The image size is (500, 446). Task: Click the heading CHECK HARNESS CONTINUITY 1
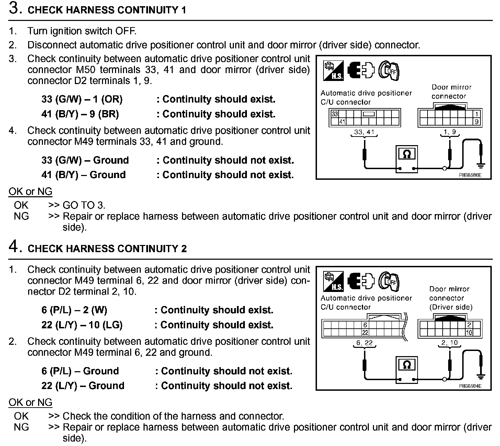click(x=106, y=10)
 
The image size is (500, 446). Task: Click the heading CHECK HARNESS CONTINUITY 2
click(x=107, y=248)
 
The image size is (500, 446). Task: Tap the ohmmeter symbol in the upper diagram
click(x=407, y=155)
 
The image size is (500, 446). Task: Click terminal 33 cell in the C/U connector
click(x=334, y=114)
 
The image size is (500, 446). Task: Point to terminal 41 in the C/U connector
click(x=342, y=122)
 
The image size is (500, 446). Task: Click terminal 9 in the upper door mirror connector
click(x=477, y=121)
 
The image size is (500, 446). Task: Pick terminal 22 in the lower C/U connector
click(x=365, y=332)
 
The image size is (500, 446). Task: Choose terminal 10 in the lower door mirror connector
click(x=469, y=332)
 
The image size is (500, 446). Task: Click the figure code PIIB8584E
click(x=470, y=386)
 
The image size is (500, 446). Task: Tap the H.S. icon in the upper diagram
click(x=333, y=71)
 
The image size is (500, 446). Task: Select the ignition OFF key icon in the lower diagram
click(x=389, y=282)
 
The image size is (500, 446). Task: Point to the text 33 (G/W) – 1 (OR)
click(x=82, y=99)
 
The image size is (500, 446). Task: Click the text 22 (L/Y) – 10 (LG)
click(x=82, y=325)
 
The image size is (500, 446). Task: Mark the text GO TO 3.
click(x=84, y=205)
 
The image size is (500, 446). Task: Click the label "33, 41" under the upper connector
click(x=364, y=132)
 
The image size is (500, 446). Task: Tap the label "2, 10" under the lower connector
click(x=450, y=342)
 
